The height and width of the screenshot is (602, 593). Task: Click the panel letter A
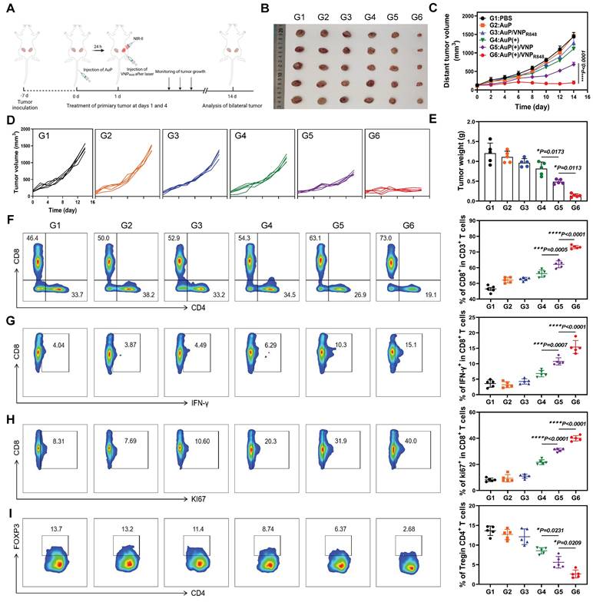coord(8,9)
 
